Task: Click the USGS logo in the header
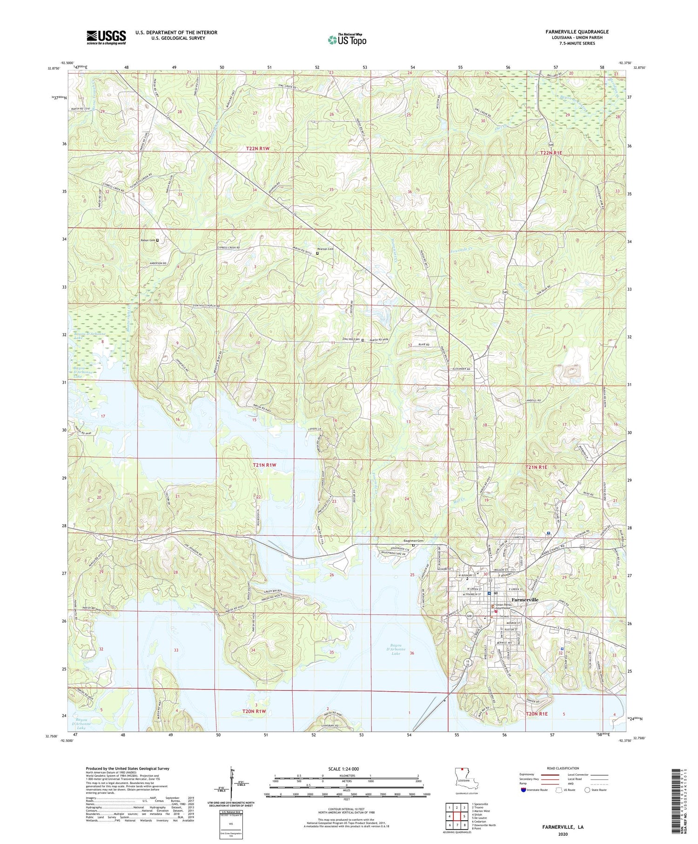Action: tap(106, 37)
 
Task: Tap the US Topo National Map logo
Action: tap(347, 40)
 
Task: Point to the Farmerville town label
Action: tap(524, 600)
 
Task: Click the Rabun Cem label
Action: tap(148, 240)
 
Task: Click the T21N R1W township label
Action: tap(265, 465)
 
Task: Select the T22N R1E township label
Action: tap(551, 153)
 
